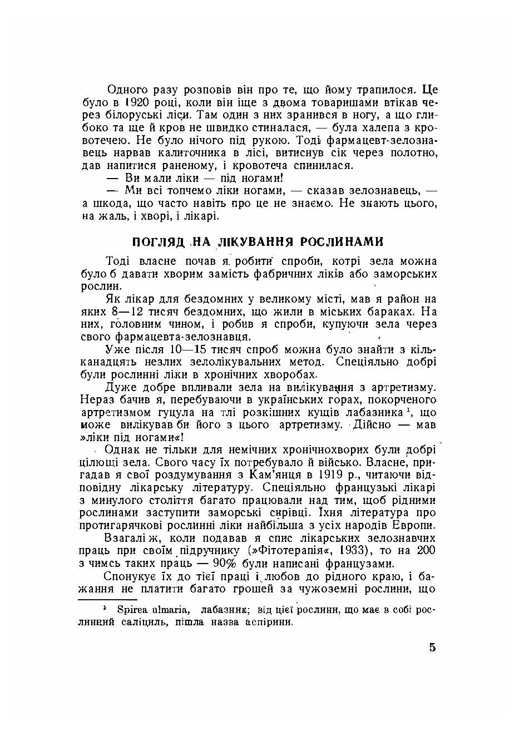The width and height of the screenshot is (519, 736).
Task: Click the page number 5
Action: click(x=433, y=648)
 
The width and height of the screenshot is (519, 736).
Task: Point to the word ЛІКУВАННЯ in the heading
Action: click(x=255, y=242)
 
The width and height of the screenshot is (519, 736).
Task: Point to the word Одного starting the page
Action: click(x=126, y=90)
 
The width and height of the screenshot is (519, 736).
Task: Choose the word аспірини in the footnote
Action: click(x=269, y=622)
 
